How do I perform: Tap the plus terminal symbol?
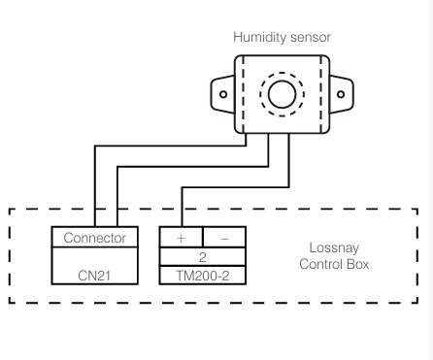pos(181,237)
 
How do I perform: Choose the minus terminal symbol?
pos(225,237)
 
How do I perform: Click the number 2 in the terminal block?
pos(203,256)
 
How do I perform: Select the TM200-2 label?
pos(203,276)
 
